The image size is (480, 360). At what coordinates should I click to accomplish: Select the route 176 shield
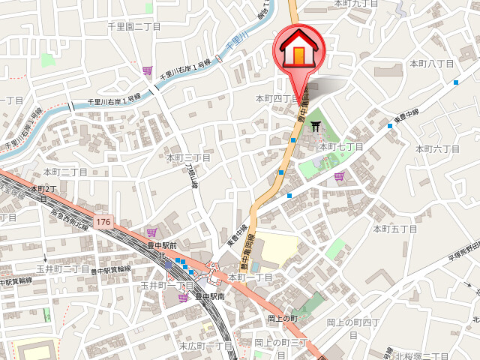pos(103,223)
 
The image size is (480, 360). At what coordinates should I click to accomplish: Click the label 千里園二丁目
pos(134,26)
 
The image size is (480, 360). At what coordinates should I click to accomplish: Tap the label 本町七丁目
pos(341,147)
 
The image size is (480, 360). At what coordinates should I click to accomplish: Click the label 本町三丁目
pos(188,157)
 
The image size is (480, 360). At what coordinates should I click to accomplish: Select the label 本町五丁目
pos(394,228)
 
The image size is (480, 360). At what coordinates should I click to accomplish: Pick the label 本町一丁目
pos(250,277)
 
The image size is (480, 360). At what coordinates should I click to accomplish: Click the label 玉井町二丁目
pos(63,268)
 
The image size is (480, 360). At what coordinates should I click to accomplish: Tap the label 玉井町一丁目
pos(166,286)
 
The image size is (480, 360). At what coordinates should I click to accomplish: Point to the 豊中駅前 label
pos(162,245)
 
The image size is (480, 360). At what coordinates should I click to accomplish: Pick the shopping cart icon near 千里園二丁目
pos(147,70)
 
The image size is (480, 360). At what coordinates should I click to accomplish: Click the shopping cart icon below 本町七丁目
pos(339,177)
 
